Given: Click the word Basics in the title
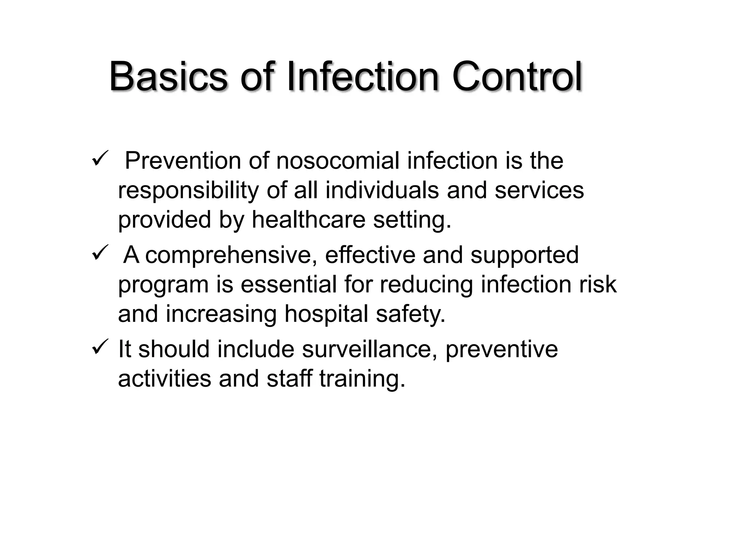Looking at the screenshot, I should point(168,77).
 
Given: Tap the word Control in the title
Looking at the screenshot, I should point(517,77).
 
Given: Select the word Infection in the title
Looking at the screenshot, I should point(363,77).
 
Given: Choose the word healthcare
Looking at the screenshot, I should point(308,219).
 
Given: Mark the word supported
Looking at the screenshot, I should point(524,255).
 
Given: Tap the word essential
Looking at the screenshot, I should point(289,284).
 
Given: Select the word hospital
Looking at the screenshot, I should point(326,314).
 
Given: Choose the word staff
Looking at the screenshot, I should point(289,378).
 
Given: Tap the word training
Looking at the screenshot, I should point(362,379).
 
